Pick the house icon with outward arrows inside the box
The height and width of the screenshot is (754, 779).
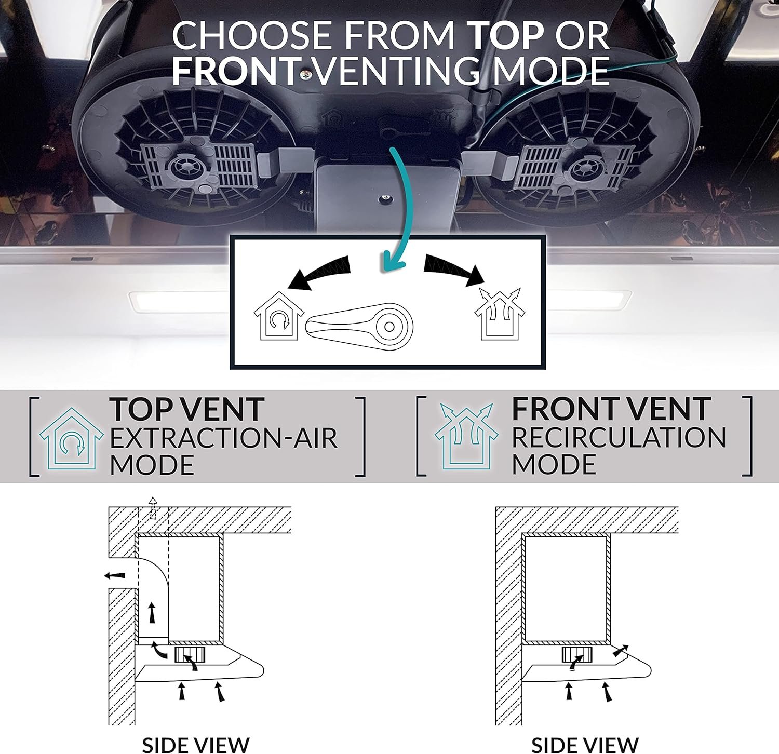pyautogui.click(x=500, y=314)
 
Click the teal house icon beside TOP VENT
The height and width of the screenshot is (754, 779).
pyautogui.click(x=71, y=439)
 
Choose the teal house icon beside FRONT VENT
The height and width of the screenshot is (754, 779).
pyautogui.click(x=466, y=436)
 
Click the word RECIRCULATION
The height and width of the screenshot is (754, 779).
pyautogui.click(x=619, y=438)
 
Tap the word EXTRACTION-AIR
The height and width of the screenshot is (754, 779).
pyautogui.click(x=223, y=438)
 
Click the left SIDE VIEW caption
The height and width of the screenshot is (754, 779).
pyautogui.click(x=196, y=744)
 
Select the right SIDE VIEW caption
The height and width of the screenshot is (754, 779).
pyautogui.click(x=585, y=744)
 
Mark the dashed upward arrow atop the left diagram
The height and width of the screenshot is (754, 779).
pyautogui.click(x=153, y=508)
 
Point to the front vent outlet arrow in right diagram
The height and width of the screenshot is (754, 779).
pyautogui.click(x=621, y=650)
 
